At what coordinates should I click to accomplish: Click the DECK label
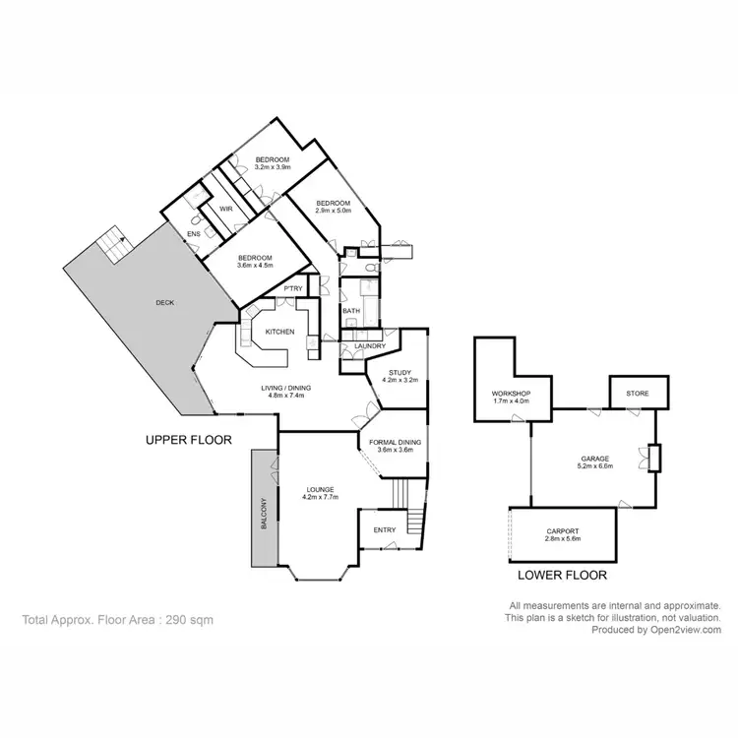point(164,303)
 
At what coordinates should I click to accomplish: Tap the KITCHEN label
point(279,332)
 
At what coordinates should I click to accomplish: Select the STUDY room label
point(399,372)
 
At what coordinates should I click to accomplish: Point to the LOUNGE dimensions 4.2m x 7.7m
point(320,498)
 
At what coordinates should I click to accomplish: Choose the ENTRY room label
point(385,530)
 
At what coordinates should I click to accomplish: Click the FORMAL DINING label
point(395,443)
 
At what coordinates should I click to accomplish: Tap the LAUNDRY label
point(355,346)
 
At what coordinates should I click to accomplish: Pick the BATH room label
point(350,312)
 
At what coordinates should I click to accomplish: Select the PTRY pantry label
point(293,288)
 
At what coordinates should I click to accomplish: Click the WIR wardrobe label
point(225,209)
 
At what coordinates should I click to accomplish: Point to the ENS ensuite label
point(194,233)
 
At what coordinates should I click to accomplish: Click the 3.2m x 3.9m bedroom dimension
point(273,167)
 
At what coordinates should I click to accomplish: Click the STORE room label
point(638,394)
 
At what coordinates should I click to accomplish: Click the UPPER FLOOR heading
point(188,440)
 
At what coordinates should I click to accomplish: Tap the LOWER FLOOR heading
point(562,575)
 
